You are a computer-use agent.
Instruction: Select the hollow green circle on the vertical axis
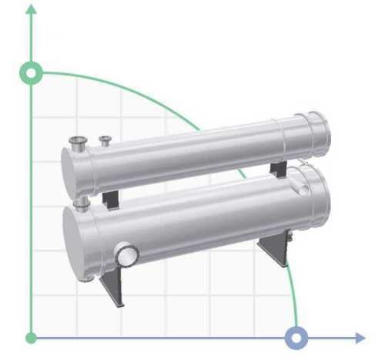click(x=31, y=73)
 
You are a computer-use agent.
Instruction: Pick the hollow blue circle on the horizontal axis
click(x=296, y=338)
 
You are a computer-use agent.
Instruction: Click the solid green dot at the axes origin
click(x=31, y=338)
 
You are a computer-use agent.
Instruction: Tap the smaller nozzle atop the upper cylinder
click(x=105, y=140)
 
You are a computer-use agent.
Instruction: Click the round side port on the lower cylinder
click(x=126, y=254)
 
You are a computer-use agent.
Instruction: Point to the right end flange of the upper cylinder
click(x=318, y=132)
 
